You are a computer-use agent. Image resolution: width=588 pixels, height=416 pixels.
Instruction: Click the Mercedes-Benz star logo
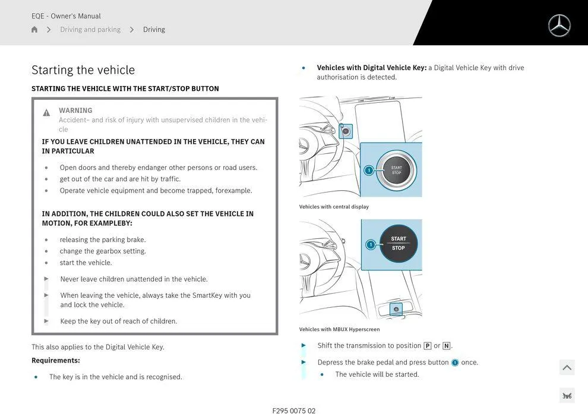(559, 26)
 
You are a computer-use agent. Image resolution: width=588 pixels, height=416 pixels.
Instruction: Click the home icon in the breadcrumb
(34, 30)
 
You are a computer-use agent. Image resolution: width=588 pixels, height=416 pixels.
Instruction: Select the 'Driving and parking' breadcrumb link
(90, 30)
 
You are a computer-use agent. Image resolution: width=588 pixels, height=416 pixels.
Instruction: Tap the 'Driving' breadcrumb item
(154, 30)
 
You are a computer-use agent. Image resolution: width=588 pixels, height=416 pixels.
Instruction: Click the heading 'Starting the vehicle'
(83, 70)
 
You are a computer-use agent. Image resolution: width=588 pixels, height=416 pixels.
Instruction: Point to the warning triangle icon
(46, 113)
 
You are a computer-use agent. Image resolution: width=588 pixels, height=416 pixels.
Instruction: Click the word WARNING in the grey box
(75, 111)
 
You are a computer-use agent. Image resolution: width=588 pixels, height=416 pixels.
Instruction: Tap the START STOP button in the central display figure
(396, 170)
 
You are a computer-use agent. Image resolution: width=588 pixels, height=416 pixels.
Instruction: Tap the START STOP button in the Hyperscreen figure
(399, 244)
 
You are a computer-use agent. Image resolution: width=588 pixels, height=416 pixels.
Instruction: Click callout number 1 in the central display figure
(368, 171)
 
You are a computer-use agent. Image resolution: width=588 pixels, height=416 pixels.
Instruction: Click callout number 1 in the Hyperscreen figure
(371, 245)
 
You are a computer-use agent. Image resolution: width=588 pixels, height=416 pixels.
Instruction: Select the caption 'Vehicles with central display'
(334, 207)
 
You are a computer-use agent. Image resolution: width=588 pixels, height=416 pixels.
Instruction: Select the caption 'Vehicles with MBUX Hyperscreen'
(339, 329)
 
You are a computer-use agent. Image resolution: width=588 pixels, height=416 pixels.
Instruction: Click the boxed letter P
(427, 346)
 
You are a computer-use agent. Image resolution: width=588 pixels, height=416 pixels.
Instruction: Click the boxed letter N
(446, 346)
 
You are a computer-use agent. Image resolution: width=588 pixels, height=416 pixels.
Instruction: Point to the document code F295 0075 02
(294, 411)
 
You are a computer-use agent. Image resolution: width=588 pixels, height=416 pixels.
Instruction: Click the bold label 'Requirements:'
(56, 361)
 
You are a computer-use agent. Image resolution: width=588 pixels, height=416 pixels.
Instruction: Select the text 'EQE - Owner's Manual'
(66, 16)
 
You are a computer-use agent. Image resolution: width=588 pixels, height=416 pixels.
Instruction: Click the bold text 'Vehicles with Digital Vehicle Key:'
(372, 68)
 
